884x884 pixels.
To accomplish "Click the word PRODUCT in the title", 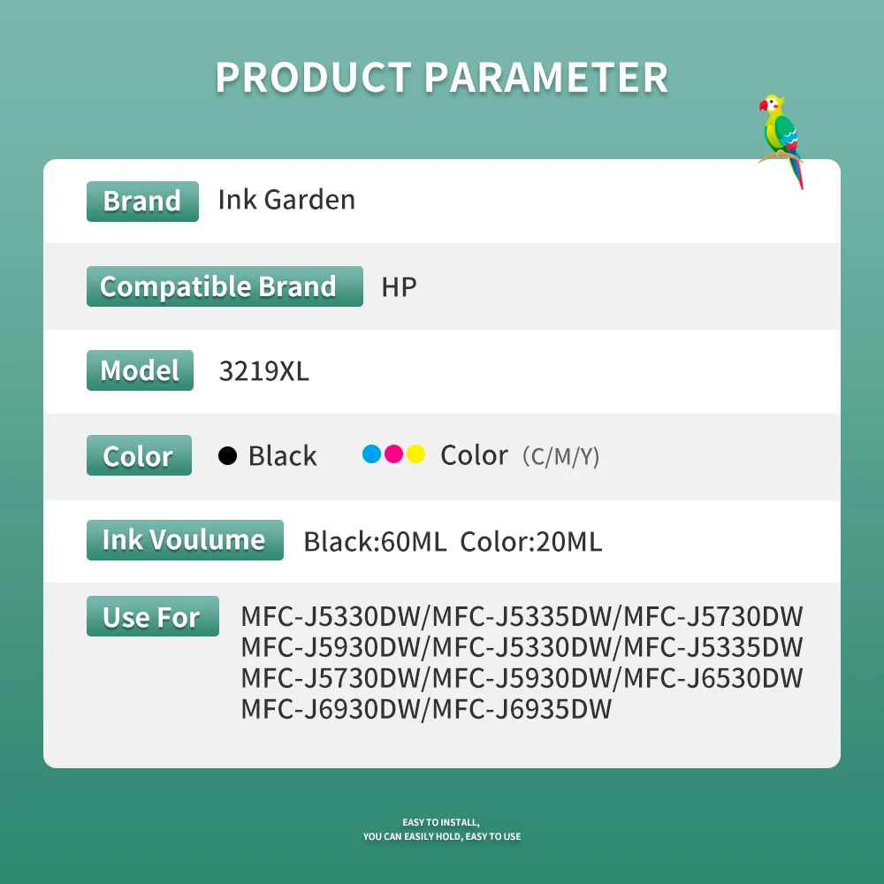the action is (x=314, y=77).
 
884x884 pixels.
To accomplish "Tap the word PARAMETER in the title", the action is (x=545, y=77).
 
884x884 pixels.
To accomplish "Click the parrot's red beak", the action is (x=764, y=105).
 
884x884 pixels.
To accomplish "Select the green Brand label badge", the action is (x=142, y=202).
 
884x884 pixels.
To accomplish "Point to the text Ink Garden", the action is (x=286, y=200).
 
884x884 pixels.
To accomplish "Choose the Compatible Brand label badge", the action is (x=225, y=286).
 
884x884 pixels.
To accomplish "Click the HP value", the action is (x=399, y=287).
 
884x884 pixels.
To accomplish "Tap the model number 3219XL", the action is (x=263, y=371).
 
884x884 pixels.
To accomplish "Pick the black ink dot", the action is (x=228, y=455).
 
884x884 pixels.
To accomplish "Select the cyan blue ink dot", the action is (x=371, y=453).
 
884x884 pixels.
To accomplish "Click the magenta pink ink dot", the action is (x=393, y=453).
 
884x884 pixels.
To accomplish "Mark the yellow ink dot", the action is (x=415, y=453).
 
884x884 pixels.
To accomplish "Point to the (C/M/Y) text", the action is (x=560, y=456).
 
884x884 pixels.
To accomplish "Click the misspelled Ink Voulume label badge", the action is (x=185, y=540).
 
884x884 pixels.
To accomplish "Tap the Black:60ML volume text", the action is (x=375, y=541).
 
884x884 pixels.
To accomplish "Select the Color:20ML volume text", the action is (x=531, y=541).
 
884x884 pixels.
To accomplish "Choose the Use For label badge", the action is (x=153, y=616).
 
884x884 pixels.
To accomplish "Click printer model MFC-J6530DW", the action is (x=713, y=678).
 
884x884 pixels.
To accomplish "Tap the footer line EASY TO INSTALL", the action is (x=441, y=822).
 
